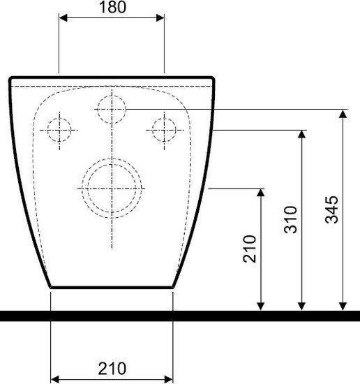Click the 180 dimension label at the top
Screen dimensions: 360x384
(112, 7)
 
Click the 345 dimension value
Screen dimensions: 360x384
(331, 209)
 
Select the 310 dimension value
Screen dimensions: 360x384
(290, 220)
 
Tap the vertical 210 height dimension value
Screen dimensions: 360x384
(250, 249)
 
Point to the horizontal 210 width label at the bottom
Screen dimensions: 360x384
(112, 369)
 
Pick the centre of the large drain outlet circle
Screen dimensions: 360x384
(112, 189)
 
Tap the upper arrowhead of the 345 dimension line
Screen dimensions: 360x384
(343, 114)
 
